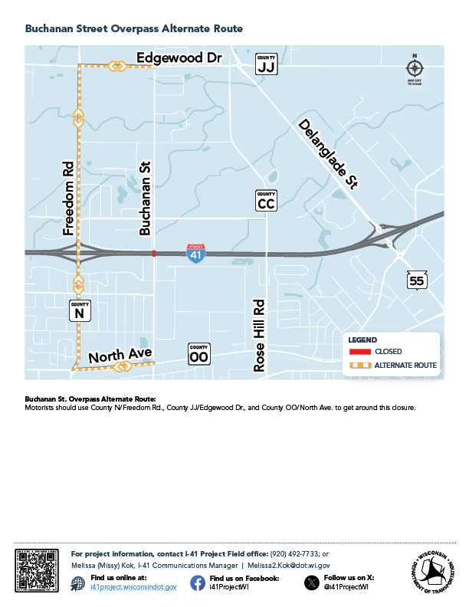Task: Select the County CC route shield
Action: [x=266, y=201]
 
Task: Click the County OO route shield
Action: [x=198, y=354]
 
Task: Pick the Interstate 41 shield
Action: [x=196, y=254]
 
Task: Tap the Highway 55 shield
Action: [x=416, y=281]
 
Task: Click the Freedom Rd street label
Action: [x=68, y=198]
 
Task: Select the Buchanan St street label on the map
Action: [x=144, y=199]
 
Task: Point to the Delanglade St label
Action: [x=329, y=153]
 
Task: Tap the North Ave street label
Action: [x=120, y=354]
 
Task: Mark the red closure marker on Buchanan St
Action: [x=154, y=253]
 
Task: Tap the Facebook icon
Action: [x=198, y=582]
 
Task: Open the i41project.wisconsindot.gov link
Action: [x=133, y=586]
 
